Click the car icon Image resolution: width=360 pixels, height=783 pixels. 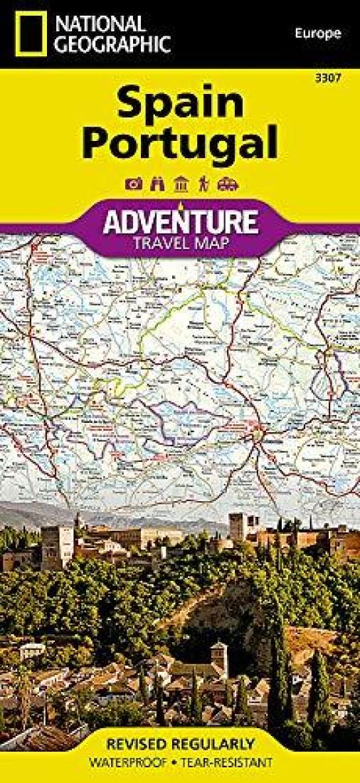pos(227,184)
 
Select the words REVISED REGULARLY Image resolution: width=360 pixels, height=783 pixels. pos(180,745)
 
